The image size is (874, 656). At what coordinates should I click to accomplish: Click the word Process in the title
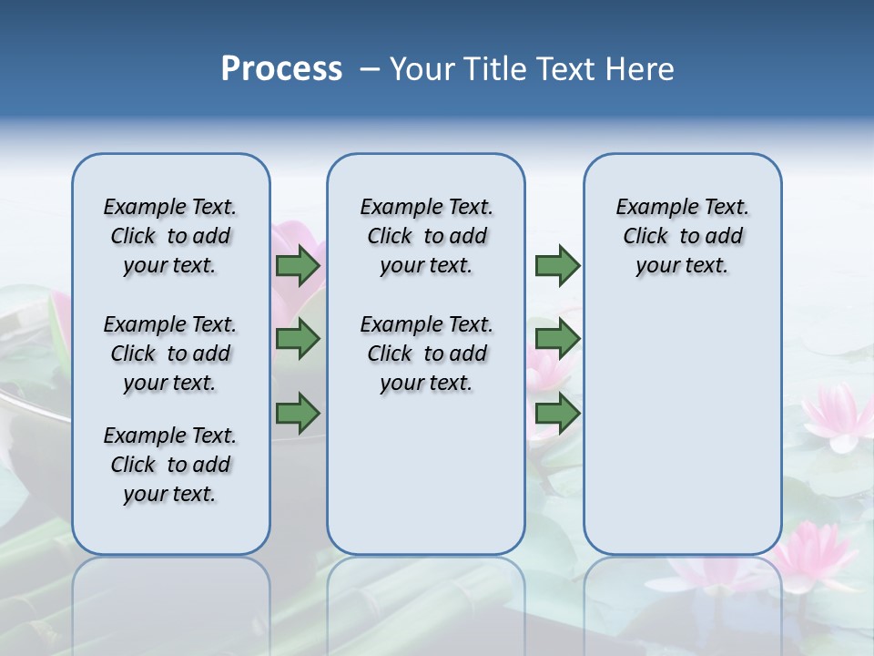tap(281, 69)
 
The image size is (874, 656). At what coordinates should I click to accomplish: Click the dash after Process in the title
tap(370, 70)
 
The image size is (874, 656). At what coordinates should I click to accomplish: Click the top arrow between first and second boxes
tap(298, 265)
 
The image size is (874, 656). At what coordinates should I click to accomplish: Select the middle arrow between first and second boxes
tap(298, 340)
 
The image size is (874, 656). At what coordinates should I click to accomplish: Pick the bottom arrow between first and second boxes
tap(298, 414)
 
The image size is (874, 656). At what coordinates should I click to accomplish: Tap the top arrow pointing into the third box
tap(557, 265)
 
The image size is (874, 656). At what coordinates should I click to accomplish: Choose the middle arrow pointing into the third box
tap(557, 340)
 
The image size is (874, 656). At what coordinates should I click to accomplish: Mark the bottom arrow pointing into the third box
tap(557, 414)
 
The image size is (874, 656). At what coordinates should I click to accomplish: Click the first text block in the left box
tap(170, 236)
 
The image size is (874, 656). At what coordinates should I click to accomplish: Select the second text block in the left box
tap(170, 354)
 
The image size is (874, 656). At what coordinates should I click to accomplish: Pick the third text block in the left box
tap(170, 465)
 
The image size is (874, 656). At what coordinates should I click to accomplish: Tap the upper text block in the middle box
tap(426, 236)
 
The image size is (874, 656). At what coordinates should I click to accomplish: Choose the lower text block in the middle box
tap(426, 354)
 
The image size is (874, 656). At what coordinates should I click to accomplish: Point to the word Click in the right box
tap(645, 237)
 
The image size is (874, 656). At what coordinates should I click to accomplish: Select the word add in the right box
tap(725, 237)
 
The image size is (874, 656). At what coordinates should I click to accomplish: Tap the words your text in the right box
tap(682, 266)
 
